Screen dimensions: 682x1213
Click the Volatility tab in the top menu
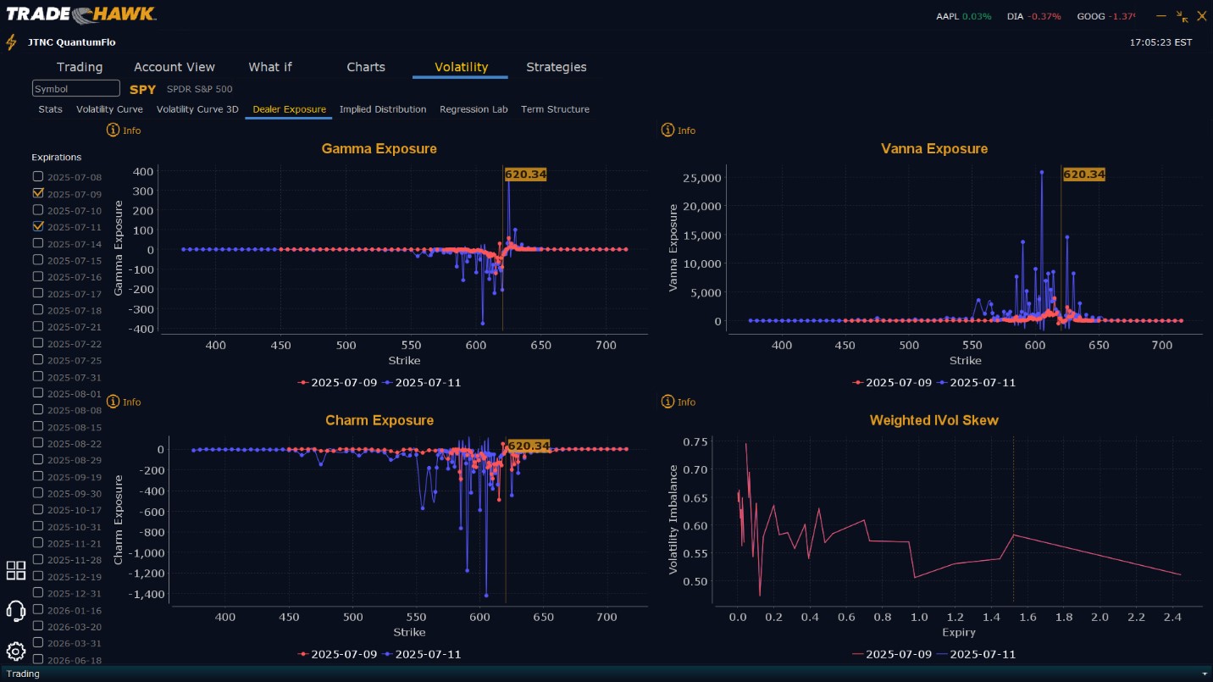(x=461, y=67)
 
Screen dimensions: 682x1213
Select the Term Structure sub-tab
(x=555, y=109)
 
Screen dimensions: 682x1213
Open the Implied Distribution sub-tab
(x=383, y=109)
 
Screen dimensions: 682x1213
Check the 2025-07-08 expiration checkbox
(x=38, y=176)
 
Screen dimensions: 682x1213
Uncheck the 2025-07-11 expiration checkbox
(x=38, y=226)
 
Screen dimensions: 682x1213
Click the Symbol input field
(x=76, y=89)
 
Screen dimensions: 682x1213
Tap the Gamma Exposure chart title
(x=379, y=149)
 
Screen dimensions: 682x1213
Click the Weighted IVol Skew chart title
(x=933, y=420)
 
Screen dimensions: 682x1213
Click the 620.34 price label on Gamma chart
(x=525, y=175)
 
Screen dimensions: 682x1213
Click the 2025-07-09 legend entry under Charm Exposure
(x=338, y=654)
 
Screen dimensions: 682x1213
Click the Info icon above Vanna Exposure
(x=667, y=130)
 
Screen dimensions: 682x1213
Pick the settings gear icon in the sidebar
(x=15, y=652)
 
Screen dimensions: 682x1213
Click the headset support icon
(x=15, y=610)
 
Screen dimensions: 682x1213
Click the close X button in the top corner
(x=1201, y=16)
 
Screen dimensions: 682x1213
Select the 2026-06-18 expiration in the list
(x=74, y=659)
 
